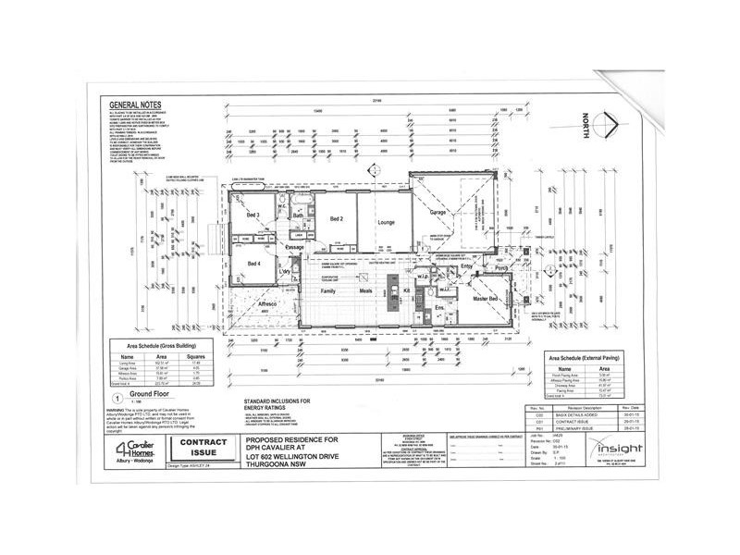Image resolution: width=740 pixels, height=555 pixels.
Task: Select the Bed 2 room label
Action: pos(337,218)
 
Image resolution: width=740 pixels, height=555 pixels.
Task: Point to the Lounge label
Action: pos(386,222)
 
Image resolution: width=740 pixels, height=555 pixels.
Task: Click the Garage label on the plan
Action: pos(438,213)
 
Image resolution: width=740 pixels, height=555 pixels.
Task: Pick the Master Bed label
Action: pos(487,300)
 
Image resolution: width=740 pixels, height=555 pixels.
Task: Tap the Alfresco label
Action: pos(268,302)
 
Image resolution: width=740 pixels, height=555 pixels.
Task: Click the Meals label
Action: pos(366,291)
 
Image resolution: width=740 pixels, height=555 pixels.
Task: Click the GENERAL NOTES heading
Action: pos(137,105)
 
